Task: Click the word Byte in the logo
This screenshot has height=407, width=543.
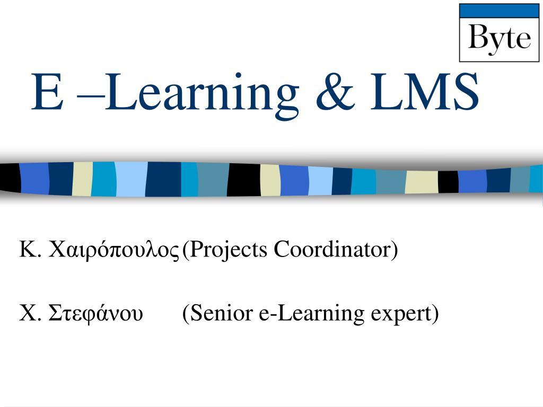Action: point(499,38)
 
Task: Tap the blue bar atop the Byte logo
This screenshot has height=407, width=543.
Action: point(499,11)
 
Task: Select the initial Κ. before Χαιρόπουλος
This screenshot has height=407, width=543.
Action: point(30,249)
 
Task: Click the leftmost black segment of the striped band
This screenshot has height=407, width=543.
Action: point(9,179)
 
